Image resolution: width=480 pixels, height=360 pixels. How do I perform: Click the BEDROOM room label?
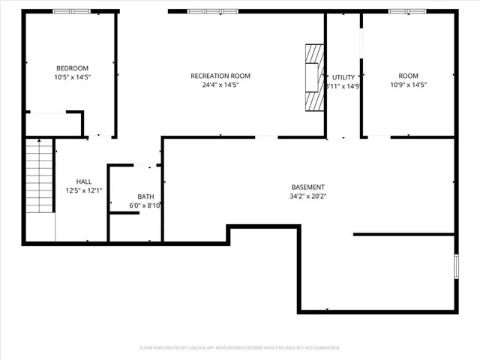(x=71, y=67)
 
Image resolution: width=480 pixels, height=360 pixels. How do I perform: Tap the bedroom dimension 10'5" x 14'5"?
(x=71, y=76)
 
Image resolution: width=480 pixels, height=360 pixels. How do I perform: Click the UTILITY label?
(x=343, y=77)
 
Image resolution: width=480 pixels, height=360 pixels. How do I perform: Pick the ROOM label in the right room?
(x=408, y=76)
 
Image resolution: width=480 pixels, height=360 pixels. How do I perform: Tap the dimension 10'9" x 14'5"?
(x=408, y=85)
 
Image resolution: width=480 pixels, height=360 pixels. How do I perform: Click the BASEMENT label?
(x=308, y=187)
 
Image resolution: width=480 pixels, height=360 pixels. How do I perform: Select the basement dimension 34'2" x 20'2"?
(x=308, y=196)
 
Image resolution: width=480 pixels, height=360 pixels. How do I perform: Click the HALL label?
(x=84, y=181)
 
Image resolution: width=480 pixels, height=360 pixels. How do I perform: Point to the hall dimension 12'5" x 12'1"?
(x=84, y=191)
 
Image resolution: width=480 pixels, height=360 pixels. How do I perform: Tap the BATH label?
(x=145, y=196)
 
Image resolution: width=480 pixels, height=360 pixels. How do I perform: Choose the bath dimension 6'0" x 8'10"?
(x=145, y=205)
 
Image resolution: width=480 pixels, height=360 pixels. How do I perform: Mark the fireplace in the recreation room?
(x=313, y=77)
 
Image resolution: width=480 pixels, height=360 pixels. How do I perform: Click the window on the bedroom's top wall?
(x=71, y=11)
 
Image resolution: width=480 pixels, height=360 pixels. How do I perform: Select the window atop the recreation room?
(x=204, y=11)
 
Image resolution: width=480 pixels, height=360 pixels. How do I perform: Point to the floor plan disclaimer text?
(x=240, y=348)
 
